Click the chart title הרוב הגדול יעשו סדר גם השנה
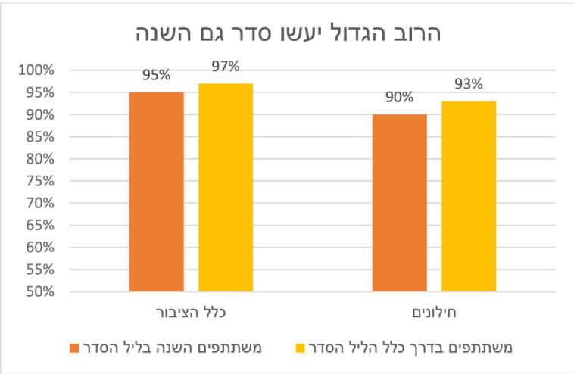pos(287,33)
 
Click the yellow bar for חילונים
pos(469,196)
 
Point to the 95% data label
pos(156,76)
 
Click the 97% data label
pos(226,67)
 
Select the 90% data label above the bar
pos(399,98)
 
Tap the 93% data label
pos(469,85)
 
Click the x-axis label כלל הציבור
pos(191,312)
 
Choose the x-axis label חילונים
pos(434,312)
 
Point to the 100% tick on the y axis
pos(36,70)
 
